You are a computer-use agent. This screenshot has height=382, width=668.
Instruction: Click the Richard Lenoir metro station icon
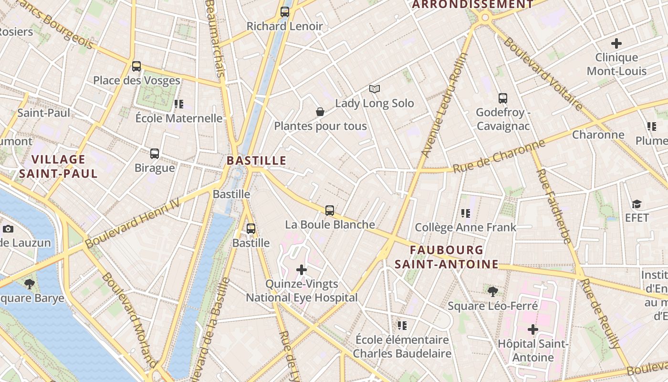(285, 12)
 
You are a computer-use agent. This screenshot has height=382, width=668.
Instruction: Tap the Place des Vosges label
(136, 80)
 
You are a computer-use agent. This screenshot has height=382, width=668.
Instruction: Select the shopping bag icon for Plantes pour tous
(320, 112)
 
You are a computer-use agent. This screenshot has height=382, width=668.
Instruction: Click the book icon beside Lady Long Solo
(375, 89)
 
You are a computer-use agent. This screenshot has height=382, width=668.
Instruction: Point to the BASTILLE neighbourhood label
(256, 160)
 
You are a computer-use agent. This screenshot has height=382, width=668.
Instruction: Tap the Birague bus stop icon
(155, 154)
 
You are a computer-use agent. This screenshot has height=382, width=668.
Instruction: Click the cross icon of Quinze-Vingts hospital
(302, 270)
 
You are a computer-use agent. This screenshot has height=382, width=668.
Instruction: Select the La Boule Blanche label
(330, 224)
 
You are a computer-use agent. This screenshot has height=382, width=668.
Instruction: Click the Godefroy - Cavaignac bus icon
(503, 98)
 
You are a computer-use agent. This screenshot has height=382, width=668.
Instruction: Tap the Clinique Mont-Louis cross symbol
(616, 43)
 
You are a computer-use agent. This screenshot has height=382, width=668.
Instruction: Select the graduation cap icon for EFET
(637, 204)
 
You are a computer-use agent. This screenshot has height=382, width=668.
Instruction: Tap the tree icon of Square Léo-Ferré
(492, 291)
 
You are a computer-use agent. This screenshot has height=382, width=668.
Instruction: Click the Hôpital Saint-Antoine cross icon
(533, 329)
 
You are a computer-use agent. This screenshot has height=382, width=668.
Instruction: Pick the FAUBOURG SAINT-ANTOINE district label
(446, 257)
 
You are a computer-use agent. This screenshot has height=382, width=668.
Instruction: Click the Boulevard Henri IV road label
(133, 223)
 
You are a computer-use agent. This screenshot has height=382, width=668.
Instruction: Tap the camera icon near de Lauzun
(8, 229)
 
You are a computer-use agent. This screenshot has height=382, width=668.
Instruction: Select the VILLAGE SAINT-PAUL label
(58, 166)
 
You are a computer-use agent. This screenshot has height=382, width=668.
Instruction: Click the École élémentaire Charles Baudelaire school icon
(402, 326)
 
